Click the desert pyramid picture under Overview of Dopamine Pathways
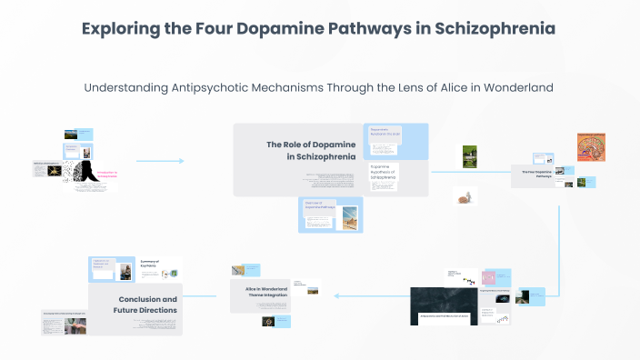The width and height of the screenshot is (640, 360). pos(349,217)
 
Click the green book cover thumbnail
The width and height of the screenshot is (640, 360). pos(470,155)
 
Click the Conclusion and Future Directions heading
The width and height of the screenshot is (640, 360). pos(146,304)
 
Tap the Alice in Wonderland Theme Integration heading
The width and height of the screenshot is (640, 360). pos(266,292)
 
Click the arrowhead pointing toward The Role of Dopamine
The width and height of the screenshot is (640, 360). pos(181,161)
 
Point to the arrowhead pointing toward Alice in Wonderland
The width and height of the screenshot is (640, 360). pos(338,295)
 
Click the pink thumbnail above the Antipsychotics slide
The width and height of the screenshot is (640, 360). pos(488,277)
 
